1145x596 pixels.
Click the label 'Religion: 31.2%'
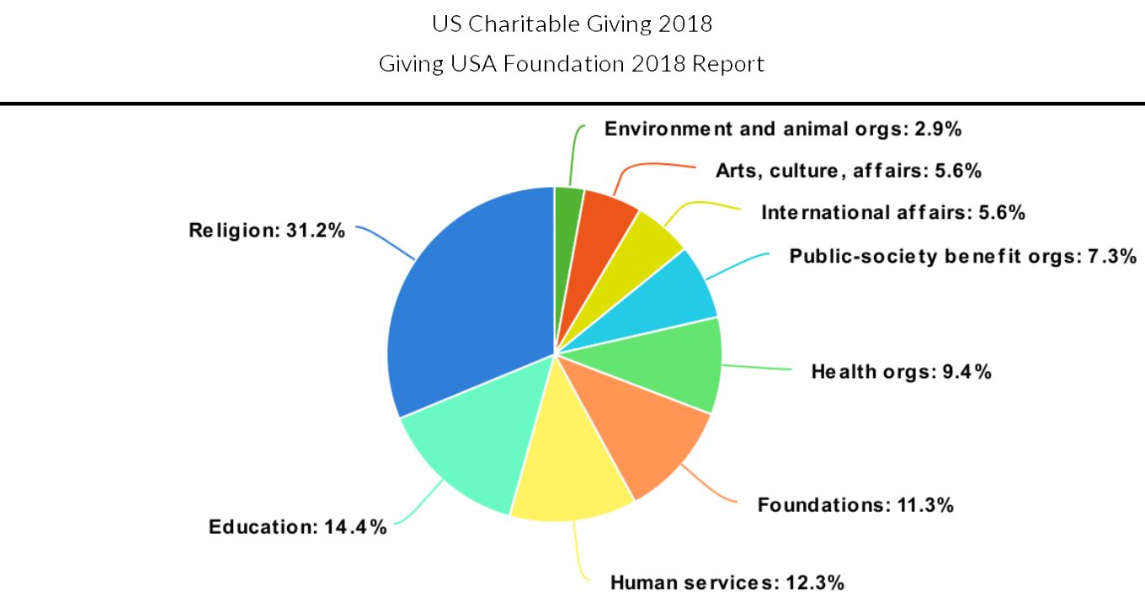click(x=267, y=231)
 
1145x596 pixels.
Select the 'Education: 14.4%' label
click(x=297, y=527)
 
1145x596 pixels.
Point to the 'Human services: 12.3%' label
click(x=727, y=583)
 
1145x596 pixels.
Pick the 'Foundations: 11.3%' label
click(x=855, y=505)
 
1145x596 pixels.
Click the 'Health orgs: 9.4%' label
click(x=901, y=371)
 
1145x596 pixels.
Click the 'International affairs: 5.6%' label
click(x=893, y=212)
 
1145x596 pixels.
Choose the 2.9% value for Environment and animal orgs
click(x=938, y=129)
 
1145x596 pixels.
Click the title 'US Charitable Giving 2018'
click(x=572, y=24)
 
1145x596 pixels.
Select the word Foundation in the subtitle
click(x=564, y=63)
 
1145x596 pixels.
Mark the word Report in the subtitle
click(x=728, y=65)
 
